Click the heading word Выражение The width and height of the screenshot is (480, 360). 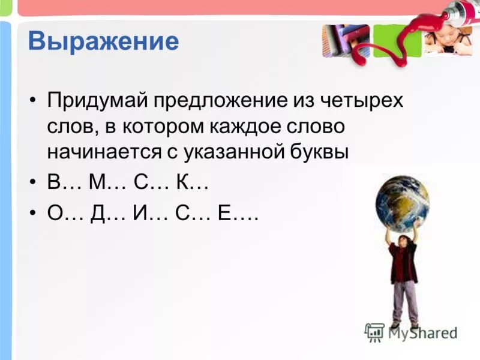103,41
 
